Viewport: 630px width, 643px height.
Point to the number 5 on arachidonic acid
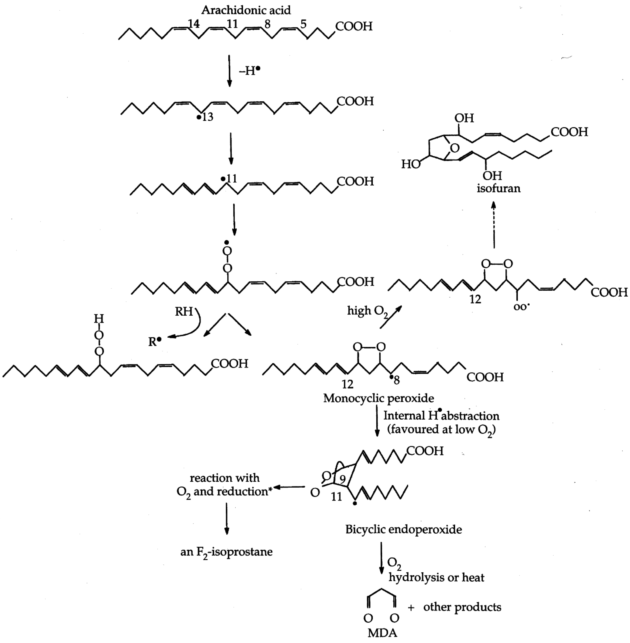point(303,24)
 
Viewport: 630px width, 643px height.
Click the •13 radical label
point(205,117)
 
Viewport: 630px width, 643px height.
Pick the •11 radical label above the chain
point(229,179)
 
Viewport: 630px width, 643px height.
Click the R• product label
point(155,341)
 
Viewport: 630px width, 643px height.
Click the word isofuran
point(498,188)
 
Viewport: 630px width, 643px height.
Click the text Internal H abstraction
point(441,415)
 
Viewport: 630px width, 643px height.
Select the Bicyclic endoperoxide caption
point(403,529)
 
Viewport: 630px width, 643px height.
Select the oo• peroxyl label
point(521,307)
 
